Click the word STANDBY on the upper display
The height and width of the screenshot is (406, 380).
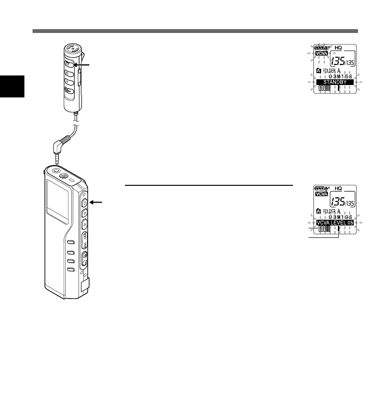click(x=335, y=82)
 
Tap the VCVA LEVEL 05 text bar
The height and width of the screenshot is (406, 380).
click(x=335, y=222)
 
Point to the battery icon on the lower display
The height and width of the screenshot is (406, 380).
click(x=320, y=188)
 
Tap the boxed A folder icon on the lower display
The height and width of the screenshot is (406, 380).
click(x=317, y=211)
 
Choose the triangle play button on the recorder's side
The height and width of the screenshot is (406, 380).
click(x=84, y=223)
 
